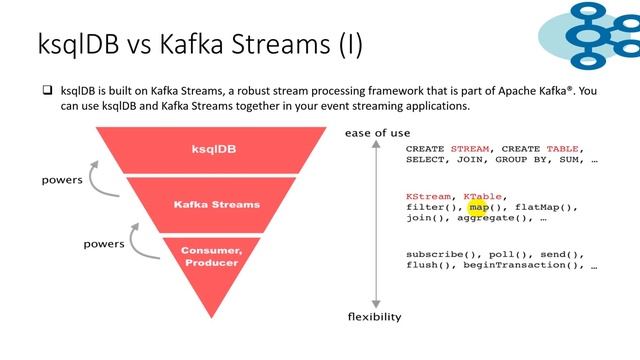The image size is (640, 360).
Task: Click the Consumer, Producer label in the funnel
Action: pyautogui.click(x=212, y=256)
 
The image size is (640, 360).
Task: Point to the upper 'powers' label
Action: pyautogui.click(x=62, y=181)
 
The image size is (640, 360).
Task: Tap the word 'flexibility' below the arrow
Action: pyautogui.click(x=374, y=317)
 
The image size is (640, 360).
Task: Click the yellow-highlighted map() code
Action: pyautogui.click(x=479, y=207)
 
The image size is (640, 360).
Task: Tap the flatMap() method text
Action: pyautogui.click(x=540, y=207)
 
